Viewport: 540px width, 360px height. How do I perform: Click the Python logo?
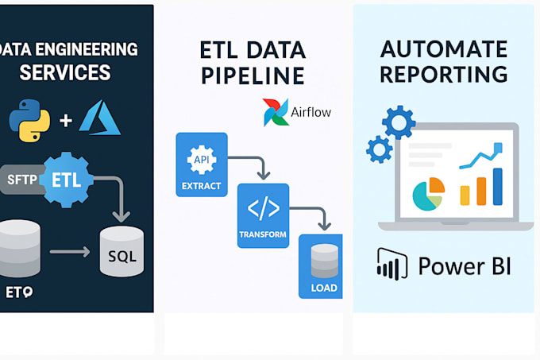(x=29, y=121)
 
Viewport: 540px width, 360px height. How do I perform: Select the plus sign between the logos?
(x=66, y=122)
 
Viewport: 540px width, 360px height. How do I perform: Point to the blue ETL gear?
(x=67, y=177)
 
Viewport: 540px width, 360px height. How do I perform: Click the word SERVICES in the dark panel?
(x=65, y=73)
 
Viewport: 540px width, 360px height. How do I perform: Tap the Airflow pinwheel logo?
(x=276, y=113)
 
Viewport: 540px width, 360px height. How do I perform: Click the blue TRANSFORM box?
(x=263, y=215)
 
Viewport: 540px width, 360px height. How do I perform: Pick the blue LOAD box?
(x=322, y=266)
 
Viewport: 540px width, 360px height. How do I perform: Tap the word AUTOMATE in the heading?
(x=443, y=49)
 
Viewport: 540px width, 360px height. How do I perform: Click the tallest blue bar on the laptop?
(x=499, y=185)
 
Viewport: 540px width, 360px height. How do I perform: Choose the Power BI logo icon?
(x=390, y=265)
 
